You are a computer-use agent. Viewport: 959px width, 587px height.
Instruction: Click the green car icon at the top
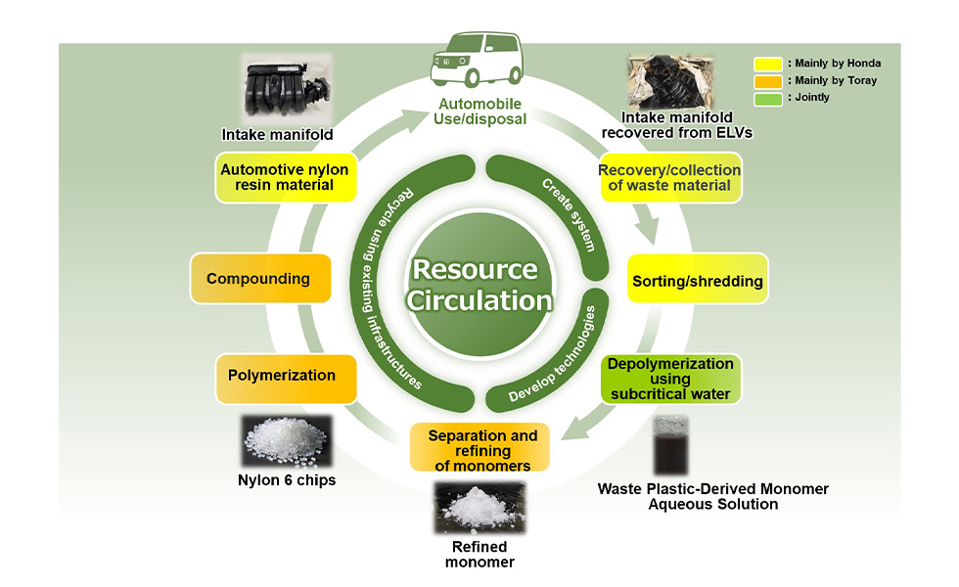pyautogui.click(x=479, y=61)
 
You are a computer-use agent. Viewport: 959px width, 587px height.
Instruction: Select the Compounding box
pyautogui.click(x=258, y=279)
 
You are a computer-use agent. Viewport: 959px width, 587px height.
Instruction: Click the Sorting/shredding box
pyautogui.click(x=698, y=281)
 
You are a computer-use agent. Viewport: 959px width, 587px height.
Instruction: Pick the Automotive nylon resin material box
pyautogui.click(x=285, y=177)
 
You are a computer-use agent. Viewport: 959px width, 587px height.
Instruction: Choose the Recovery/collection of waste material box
pyautogui.click(x=670, y=177)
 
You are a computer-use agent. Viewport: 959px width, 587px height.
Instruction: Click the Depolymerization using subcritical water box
pyautogui.click(x=670, y=379)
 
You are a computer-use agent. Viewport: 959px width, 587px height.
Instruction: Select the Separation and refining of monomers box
pyautogui.click(x=481, y=448)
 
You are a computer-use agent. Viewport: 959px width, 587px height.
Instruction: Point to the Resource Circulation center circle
pyautogui.click(x=479, y=285)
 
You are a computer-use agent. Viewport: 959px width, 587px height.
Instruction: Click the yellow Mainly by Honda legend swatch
pyautogui.click(x=766, y=64)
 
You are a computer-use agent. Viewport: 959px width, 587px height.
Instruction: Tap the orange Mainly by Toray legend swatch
pyautogui.click(x=766, y=80)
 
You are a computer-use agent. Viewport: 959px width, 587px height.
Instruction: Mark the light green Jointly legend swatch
pyautogui.click(x=766, y=97)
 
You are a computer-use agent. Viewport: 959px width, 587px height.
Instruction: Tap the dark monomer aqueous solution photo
pyautogui.click(x=671, y=446)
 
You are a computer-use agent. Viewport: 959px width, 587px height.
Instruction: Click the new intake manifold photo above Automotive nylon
pyautogui.click(x=286, y=90)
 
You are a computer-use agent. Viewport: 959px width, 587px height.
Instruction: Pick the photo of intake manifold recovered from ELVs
pyautogui.click(x=670, y=84)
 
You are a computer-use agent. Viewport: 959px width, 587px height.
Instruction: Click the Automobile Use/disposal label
pyautogui.click(x=479, y=113)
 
